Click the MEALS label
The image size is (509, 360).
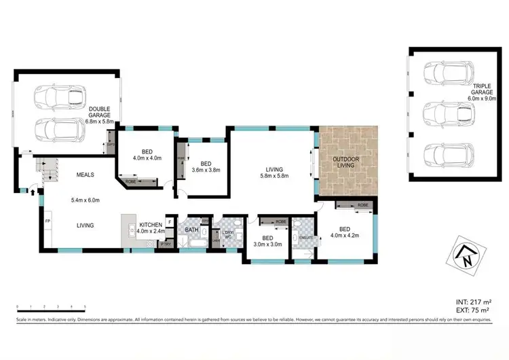click(x=84, y=175)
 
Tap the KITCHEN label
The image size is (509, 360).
click(x=151, y=224)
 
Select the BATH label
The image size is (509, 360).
click(x=191, y=231)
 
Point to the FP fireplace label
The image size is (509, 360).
click(x=48, y=221)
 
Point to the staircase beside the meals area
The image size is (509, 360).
click(x=47, y=170)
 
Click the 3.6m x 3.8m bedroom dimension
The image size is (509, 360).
click(x=206, y=170)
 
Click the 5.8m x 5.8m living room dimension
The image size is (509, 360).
click(x=274, y=176)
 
